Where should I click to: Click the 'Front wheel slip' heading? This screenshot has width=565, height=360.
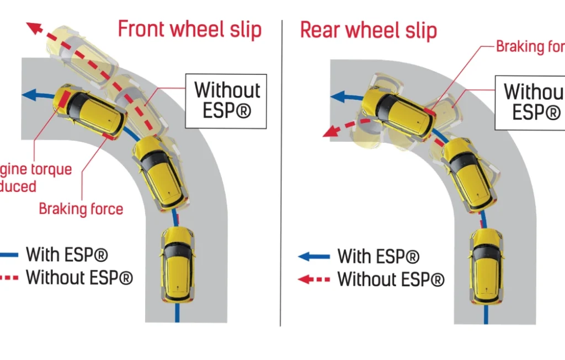click(189, 29)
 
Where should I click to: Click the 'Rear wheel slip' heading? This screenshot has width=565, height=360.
click(368, 30)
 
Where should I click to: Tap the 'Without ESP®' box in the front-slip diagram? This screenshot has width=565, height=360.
click(227, 100)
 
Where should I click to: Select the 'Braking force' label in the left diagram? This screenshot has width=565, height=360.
click(81, 209)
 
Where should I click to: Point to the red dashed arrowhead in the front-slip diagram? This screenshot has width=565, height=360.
click(35, 27)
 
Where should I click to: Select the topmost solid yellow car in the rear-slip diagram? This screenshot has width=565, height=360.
click(397, 114)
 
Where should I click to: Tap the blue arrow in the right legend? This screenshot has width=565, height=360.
click(313, 256)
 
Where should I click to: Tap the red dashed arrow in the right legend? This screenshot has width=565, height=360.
click(313, 279)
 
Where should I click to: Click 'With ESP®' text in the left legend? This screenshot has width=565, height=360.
click(67, 255)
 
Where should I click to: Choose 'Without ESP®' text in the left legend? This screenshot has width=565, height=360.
click(79, 277)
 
